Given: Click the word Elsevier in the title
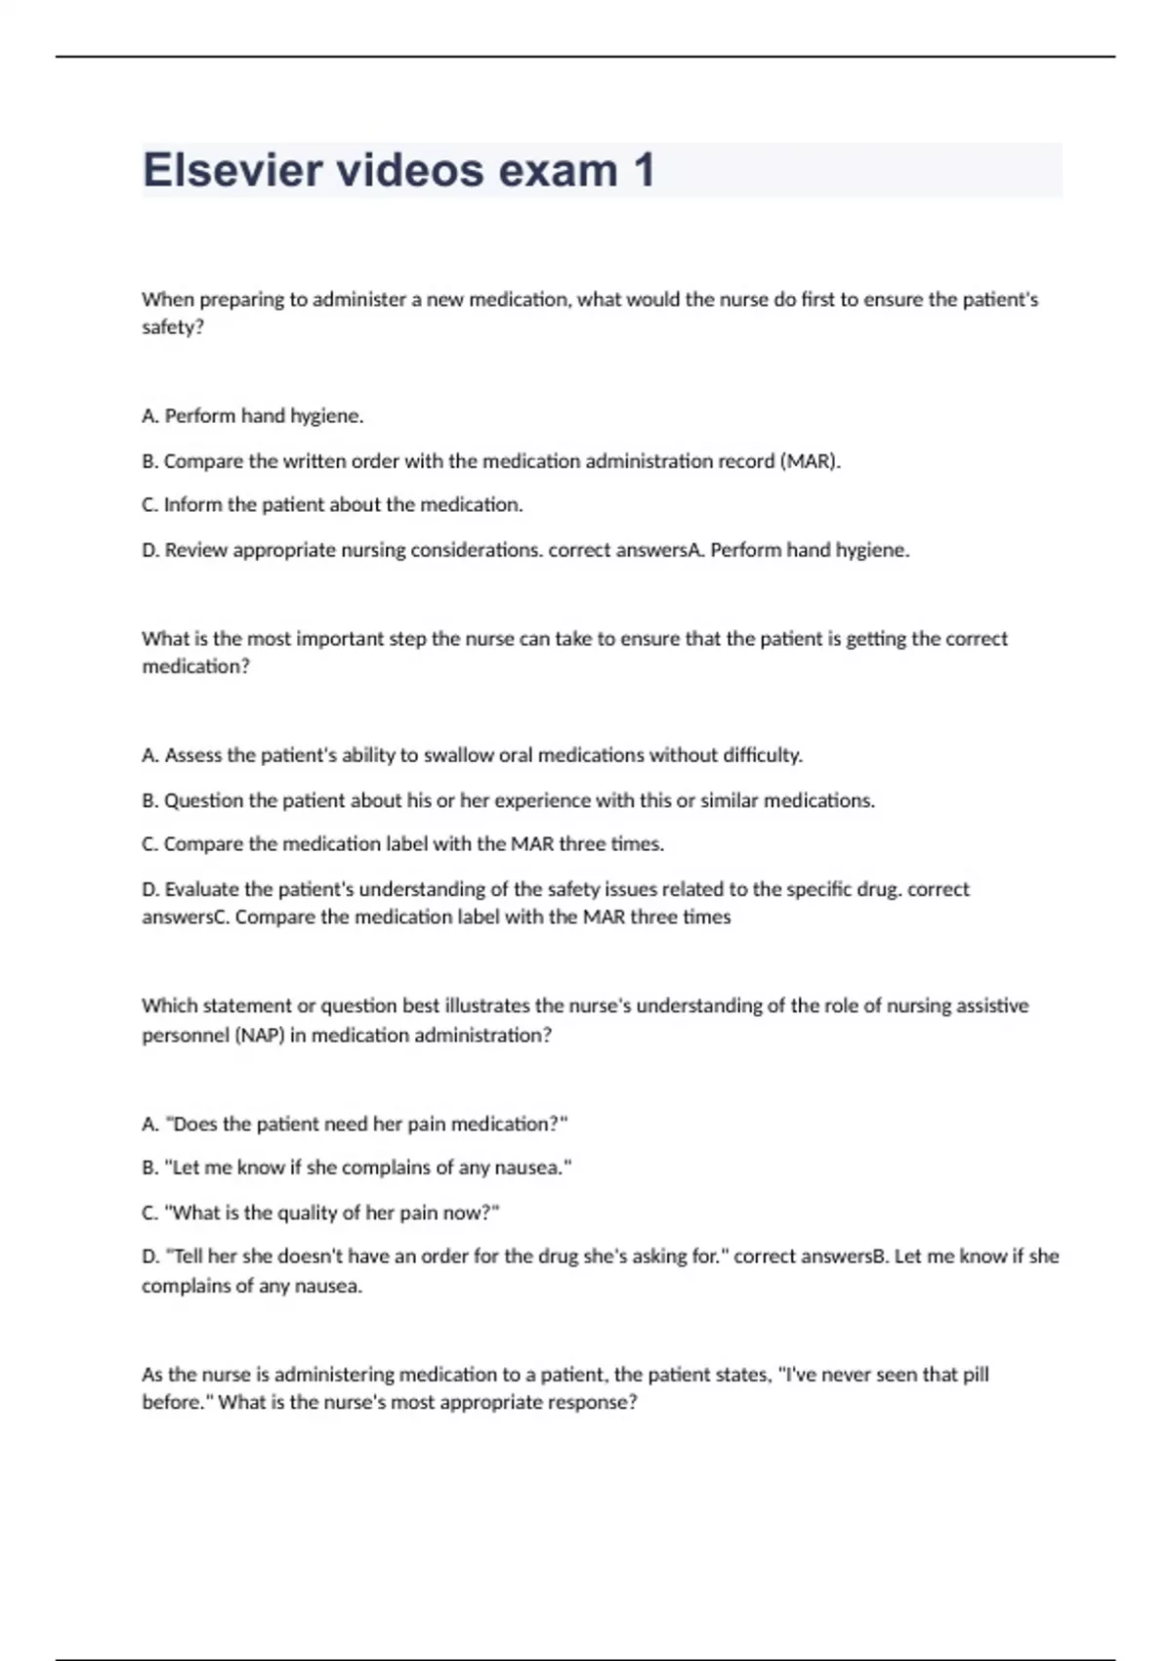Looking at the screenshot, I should point(230,170).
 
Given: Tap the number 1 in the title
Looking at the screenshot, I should point(644,170).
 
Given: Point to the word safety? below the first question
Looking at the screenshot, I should point(173,327).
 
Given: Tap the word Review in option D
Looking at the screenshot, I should point(195,550).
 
